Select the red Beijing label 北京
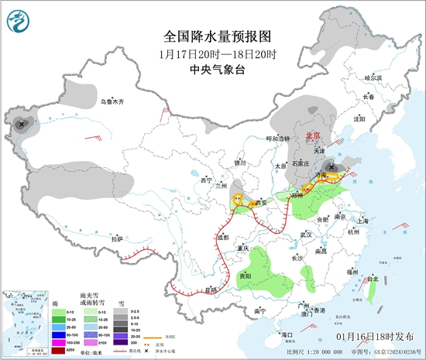click(x=314, y=134)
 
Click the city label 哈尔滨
click(x=373, y=77)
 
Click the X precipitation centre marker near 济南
click(x=333, y=166)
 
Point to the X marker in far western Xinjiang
click(x=22, y=123)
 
